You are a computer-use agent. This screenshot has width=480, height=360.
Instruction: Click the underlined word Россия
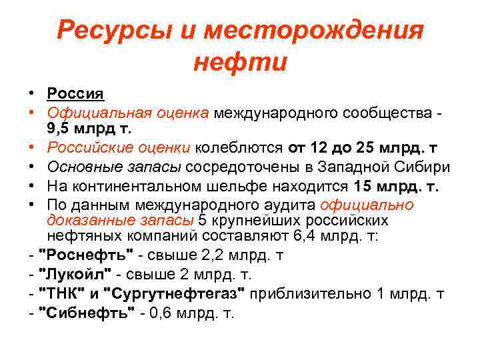point(75,94)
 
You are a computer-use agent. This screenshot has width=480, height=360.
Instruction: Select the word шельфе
point(232,186)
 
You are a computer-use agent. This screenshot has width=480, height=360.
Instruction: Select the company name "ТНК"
point(63,294)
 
